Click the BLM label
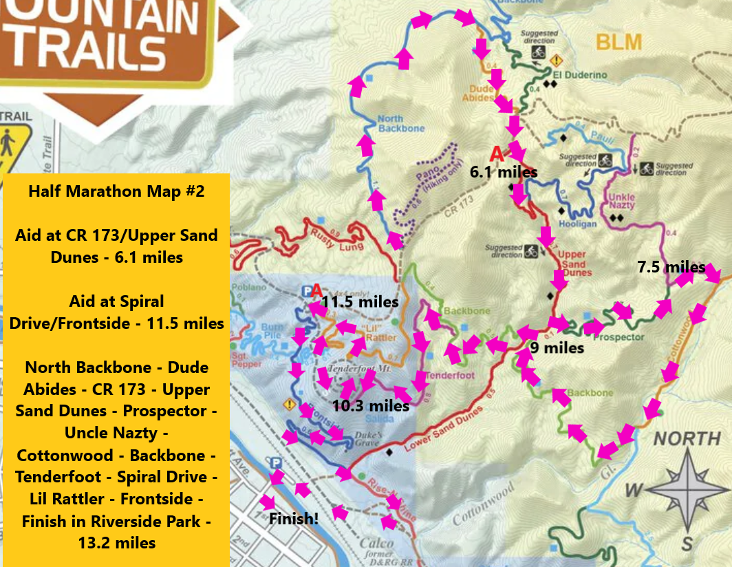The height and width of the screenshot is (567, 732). point(618,42)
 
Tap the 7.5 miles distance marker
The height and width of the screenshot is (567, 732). point(671,267)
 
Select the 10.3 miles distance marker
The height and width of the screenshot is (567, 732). point(370,405)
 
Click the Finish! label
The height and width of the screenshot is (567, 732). point(294,519)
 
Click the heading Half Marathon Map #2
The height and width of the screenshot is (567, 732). point(116,191)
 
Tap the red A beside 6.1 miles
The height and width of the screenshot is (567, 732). point(497,153)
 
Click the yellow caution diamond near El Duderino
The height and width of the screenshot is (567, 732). point(556,60)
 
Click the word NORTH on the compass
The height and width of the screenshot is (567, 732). point(686,438)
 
